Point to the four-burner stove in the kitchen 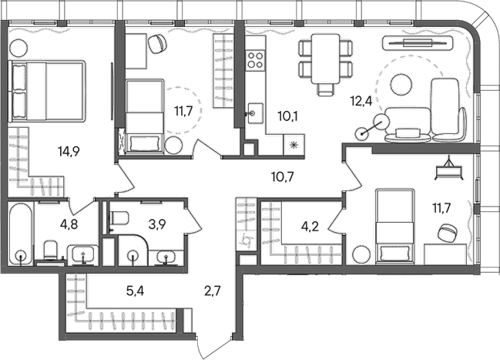(x=255, y=59)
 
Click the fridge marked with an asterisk (x=294, y=144)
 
